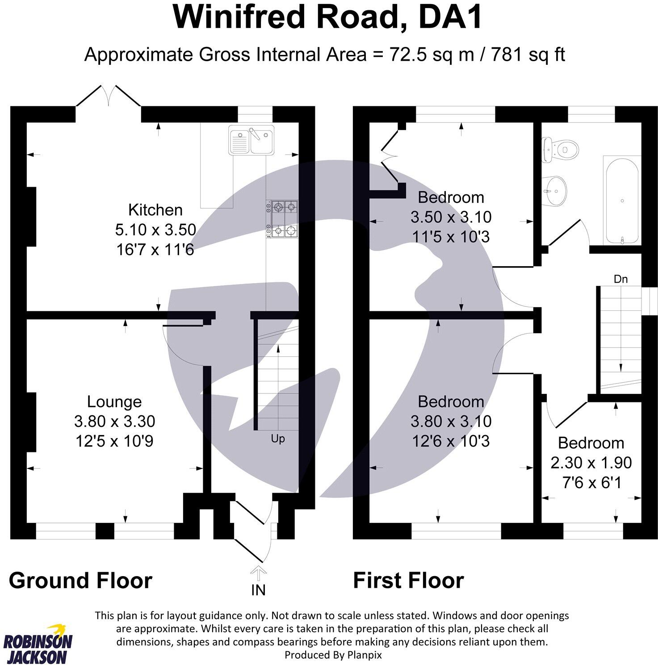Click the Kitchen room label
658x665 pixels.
155,209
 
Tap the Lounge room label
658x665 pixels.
114,402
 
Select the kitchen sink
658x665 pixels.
251,140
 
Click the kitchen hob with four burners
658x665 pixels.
283,218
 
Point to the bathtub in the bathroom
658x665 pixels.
622,200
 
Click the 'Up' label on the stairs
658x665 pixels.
277,439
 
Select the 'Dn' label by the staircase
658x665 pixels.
620,279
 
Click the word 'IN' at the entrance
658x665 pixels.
258,590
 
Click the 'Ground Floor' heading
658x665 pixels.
80,580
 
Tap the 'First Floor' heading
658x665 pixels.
408,580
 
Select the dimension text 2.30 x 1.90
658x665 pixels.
591,463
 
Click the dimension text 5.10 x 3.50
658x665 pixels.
155,230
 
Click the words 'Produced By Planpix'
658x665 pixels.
333,655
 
